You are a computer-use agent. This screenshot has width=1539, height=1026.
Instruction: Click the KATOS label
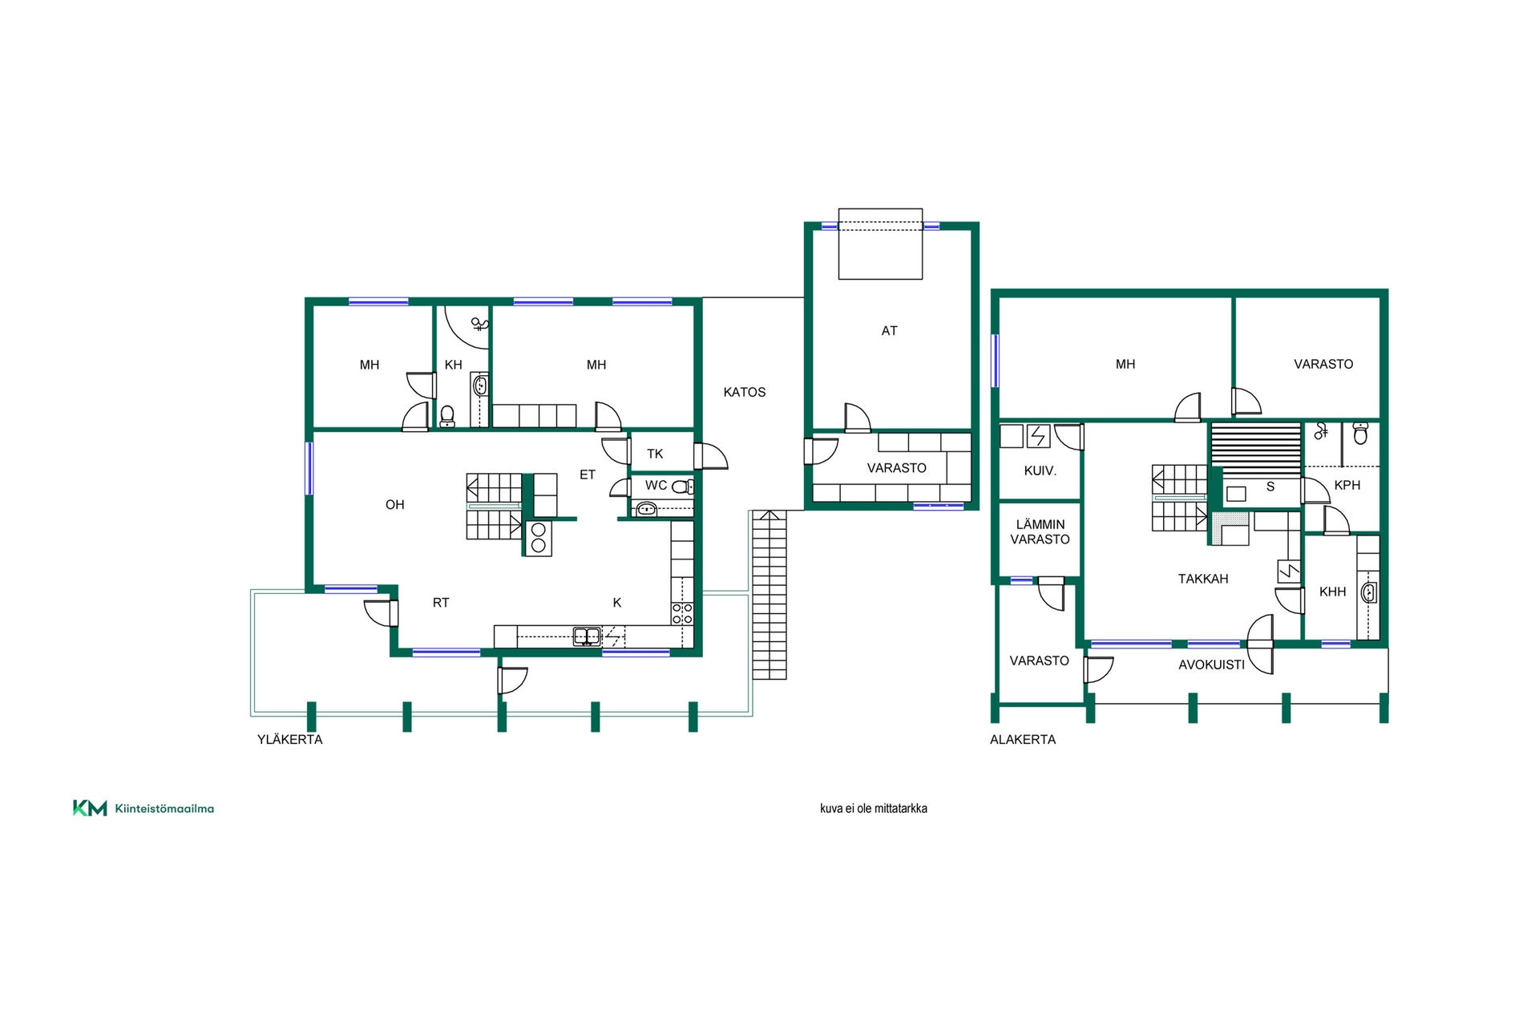pos(744,392)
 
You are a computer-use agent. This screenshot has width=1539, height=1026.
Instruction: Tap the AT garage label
pos(889,330)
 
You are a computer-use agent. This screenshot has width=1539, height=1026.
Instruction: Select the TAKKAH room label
pos(1202,579)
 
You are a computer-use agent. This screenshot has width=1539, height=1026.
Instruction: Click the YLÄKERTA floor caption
pos(289,739)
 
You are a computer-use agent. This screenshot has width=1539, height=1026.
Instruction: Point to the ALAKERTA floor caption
pos(1022,739)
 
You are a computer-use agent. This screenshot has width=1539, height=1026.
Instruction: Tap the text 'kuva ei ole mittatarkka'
pos(873,808)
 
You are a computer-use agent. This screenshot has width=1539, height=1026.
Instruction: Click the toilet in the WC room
pos(681,486)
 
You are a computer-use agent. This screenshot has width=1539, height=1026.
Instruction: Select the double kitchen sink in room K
pos(587,636)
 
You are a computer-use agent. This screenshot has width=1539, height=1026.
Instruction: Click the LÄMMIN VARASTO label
pos(1040,532)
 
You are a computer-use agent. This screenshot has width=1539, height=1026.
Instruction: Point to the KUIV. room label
pos(1040,471)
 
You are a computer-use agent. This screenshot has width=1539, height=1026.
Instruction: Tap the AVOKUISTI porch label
pos(1211,664)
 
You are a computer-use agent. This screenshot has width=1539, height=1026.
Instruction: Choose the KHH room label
pos(1332,592)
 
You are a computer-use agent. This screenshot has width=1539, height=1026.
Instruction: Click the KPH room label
pos(1347,485)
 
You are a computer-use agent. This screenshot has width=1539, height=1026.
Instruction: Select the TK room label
pos(655,454)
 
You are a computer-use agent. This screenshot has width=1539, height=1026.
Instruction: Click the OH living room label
pos(394,504)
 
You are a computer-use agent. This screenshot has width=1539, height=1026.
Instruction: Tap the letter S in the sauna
pos(1270,487)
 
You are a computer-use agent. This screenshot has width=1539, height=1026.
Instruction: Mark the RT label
pos(440,603)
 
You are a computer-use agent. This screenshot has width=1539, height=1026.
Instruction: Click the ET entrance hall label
pos(588,475)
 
